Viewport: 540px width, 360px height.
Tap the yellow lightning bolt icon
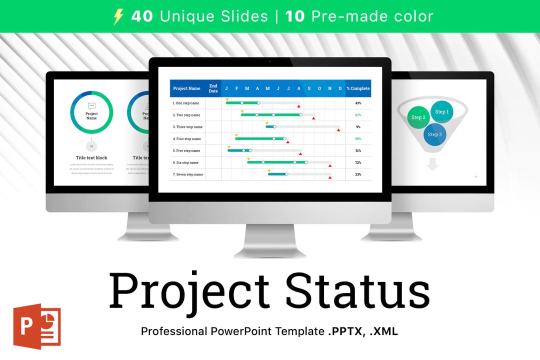pos(118,16)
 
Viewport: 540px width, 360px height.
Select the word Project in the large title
pos(190,291)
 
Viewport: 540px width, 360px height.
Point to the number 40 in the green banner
pos(142,16)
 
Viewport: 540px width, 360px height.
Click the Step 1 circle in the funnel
pos(441,112)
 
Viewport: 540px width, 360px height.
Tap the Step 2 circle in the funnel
pos(418,117)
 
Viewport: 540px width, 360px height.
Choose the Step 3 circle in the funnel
pos(434,134)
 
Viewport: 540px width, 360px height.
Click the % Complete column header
pos(358,88)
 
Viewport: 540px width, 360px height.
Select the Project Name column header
pos(186,88)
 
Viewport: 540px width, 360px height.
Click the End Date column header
pos(213,88)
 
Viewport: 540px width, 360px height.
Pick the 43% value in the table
pos(358,103)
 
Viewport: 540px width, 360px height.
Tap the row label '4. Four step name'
pos(186,139)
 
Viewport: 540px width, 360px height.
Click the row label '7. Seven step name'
pos(187,174)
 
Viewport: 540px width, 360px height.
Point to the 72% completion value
pos(358,162)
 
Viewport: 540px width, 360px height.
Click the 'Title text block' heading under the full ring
pos(91,158)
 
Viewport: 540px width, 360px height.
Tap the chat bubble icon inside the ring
pos(91,106)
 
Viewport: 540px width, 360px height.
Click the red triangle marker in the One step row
pos(298,106)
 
